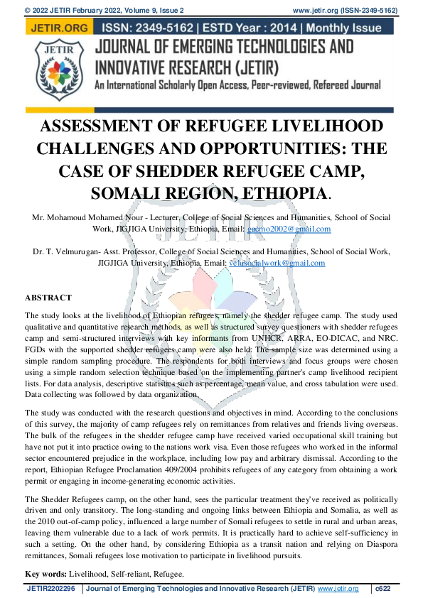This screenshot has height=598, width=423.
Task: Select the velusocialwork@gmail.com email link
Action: point(267,263)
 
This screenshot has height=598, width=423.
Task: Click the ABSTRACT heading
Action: point(48,297)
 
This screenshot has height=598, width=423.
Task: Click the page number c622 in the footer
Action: point(384,589)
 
